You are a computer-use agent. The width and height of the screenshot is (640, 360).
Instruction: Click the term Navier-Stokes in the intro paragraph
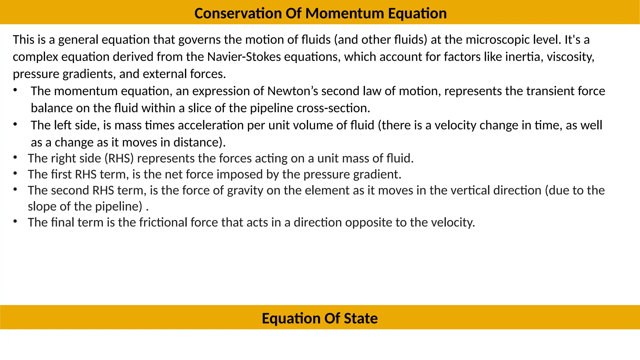click(244, 57)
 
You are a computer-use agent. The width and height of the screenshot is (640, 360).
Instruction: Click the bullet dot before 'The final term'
click(15, 221)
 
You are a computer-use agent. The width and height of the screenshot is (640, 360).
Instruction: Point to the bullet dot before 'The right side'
click(15, 157)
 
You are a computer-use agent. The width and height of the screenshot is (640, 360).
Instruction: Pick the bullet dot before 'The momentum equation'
click(15, 90)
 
